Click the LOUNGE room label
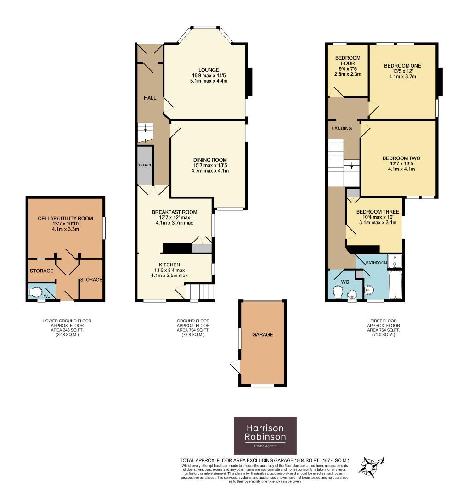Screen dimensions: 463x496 coord(209,70)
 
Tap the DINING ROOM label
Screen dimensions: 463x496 coord(210,160)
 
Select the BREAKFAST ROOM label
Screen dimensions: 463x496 coord(175,212)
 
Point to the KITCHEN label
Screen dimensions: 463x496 coord(169,265)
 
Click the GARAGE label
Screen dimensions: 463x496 coord(263,334)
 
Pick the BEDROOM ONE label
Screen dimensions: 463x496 coord(402,66)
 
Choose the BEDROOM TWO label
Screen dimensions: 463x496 coord(401,158)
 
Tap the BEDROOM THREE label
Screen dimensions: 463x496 coord(378,212)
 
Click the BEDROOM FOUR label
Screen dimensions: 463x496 coord(348,61)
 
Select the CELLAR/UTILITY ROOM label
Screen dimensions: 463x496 coord(66,218)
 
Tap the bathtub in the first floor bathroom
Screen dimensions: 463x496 coord(395,284)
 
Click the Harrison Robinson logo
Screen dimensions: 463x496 coord(265,435)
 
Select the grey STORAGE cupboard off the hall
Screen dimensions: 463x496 coord(145,165)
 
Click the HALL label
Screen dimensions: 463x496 coord(150,98)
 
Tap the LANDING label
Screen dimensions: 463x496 coord(342,128)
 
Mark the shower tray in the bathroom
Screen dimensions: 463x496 coord(395,261)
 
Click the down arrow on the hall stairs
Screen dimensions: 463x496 coord(145,128)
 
